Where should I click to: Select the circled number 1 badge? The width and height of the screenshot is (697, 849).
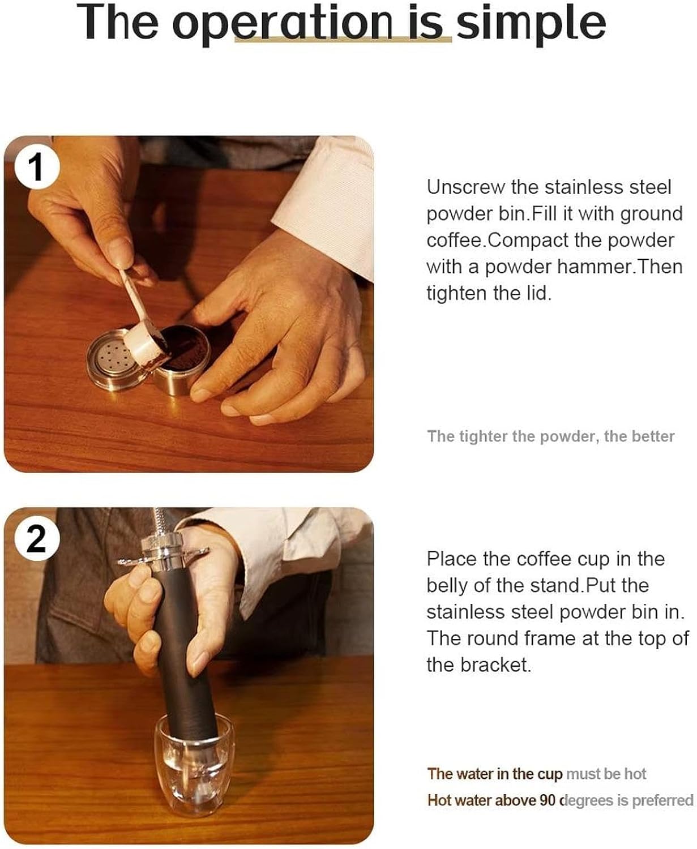point(36,168)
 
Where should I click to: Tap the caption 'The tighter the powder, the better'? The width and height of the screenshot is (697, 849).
point(550,436)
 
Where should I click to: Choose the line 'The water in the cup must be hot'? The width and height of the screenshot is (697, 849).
point(536,774)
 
